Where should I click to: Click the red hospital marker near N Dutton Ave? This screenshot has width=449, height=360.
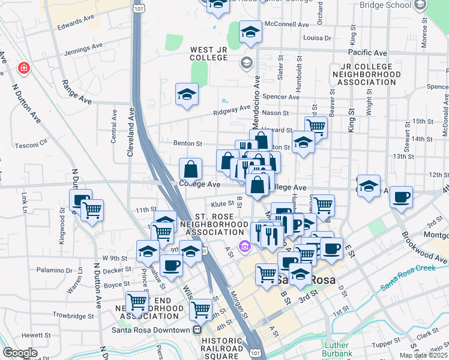pos(24,68)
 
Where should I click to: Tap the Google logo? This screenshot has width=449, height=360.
pos(20,353)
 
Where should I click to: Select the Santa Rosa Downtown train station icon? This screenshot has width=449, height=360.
pos(196,330)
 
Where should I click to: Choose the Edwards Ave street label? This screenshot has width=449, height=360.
pos(76,23)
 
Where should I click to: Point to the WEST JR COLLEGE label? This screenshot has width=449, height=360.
pos(209,54)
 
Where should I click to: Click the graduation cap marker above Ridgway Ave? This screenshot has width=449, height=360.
pos(187,94)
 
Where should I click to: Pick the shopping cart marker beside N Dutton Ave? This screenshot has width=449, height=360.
pos(92,210)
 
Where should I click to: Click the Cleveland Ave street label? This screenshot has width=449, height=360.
pos(130,133)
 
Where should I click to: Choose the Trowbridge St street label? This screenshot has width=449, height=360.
pos(72,315)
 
